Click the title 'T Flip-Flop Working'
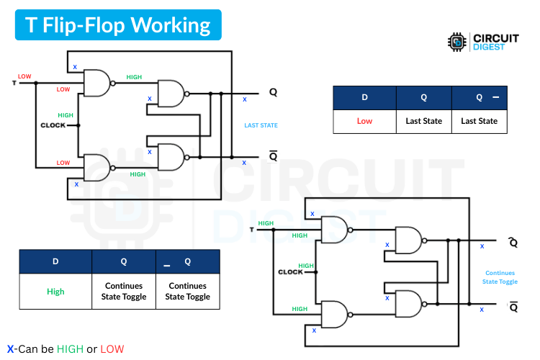118,26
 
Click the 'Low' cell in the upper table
364,121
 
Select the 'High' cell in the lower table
55,292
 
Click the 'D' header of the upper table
364,97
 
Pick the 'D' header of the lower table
55,261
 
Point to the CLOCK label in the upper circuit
53,125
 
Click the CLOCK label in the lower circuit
290,272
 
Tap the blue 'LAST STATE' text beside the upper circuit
261,125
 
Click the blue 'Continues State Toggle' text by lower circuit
500,277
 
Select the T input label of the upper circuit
15,83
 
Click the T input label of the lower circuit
251,230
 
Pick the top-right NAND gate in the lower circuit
408,240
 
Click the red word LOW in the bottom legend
112,349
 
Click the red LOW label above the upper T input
24,76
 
